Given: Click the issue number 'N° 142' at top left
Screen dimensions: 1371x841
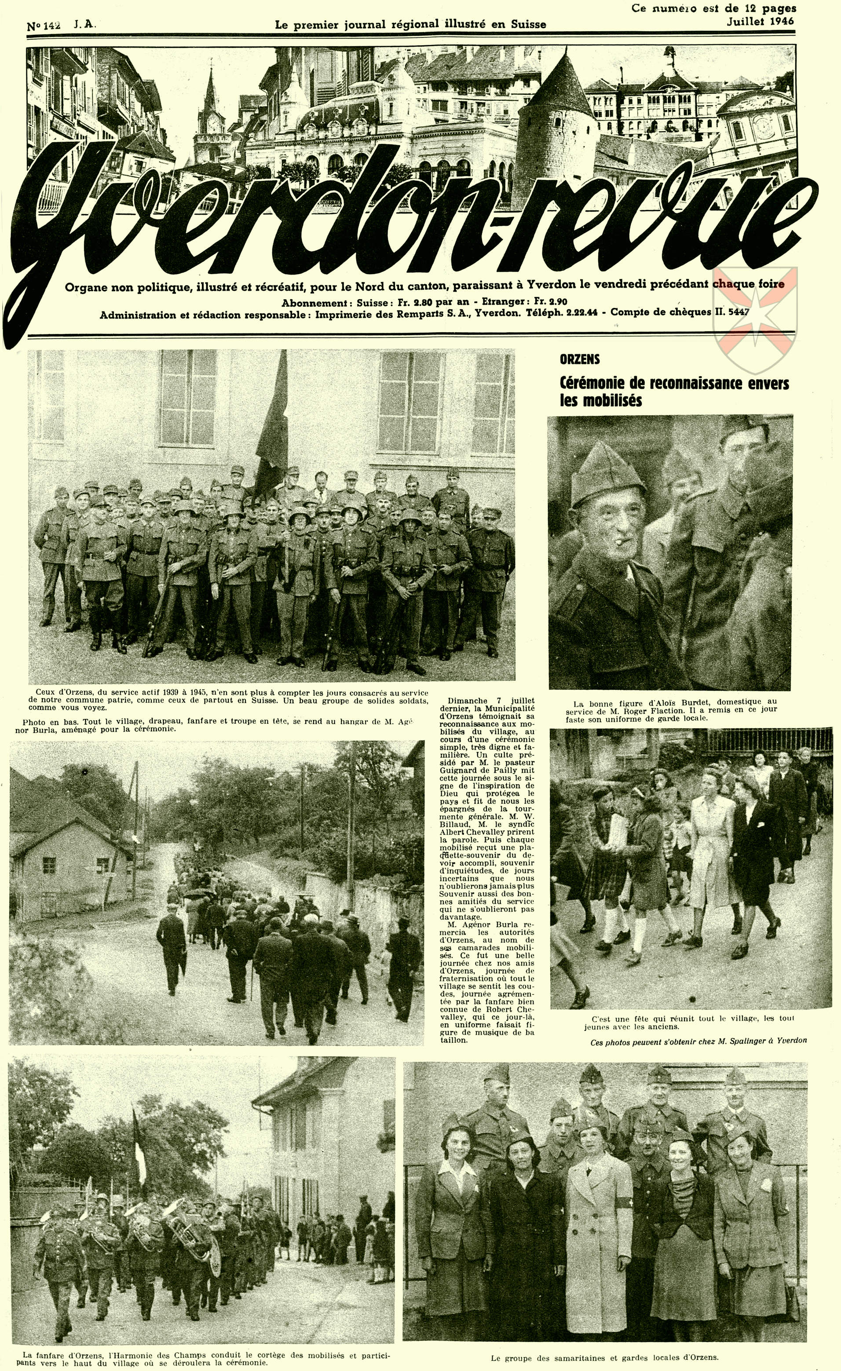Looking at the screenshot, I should tap(44, 26).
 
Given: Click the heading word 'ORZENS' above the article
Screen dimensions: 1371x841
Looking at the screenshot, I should tap(580, 359).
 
